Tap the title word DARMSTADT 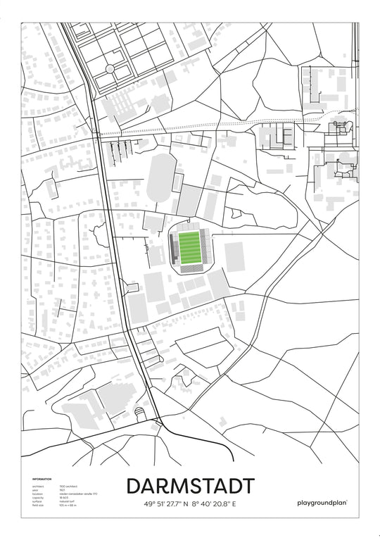[x=190, y=487]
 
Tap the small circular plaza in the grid [x=109, y=69]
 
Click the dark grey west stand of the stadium [x=173, y=248]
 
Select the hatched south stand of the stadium [x=189, y=268]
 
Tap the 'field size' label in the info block [x=37, y=505]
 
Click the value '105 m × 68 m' [x=68, y=505]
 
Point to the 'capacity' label [x=37, y=497]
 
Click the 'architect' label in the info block [x=37, y=486]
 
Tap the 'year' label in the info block [x=34, y=489]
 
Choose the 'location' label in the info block [x=37, y=494]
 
